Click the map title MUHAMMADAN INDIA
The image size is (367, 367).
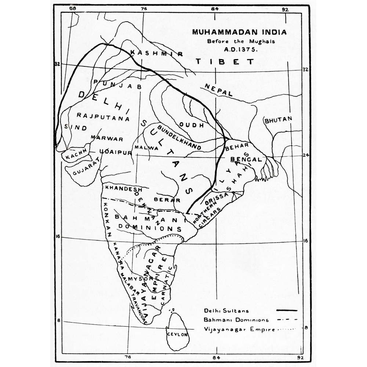point(240,32)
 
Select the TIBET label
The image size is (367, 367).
point(225,61)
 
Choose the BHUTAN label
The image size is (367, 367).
point(278,119)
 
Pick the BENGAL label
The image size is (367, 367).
point(246,160)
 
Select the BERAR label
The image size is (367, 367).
point(167,200)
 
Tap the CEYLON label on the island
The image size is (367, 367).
point(178,334)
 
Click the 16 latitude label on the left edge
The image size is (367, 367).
point(58,236)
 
